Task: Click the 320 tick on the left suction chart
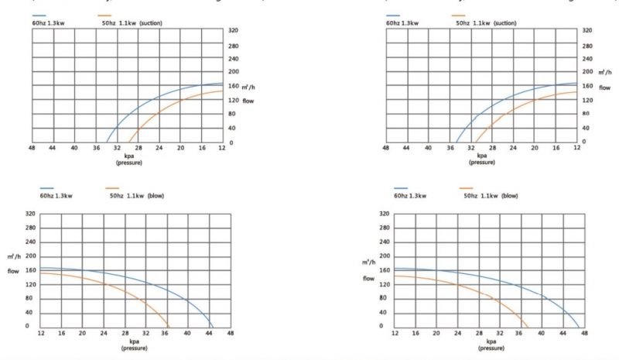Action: tap(233, 30)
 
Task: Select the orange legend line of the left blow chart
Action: tap(114, 188)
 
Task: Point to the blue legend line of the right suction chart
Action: tap(395, 15)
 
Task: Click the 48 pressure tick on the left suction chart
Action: tap(32, 147)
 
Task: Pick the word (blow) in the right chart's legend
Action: tap(510, 197)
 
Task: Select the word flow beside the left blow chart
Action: tap(13, 271)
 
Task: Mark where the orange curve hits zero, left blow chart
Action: tap(168, 326)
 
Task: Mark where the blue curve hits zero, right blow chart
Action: tap(579, 326)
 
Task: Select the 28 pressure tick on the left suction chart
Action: tap(138, 147)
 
